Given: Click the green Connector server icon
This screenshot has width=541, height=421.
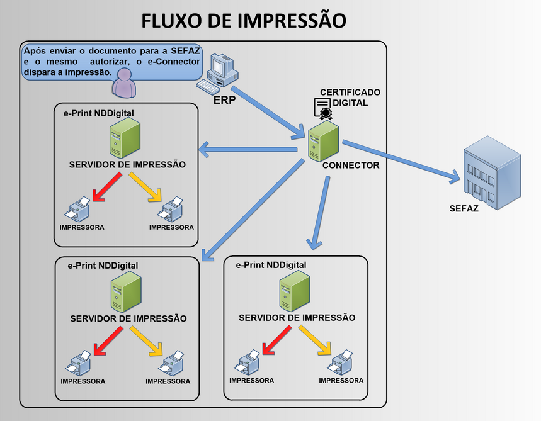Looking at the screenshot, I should [x=323, y=142].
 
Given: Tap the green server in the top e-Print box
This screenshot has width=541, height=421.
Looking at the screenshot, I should [x=125, y=138].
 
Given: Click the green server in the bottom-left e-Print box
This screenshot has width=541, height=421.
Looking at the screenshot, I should [x=125, y=293].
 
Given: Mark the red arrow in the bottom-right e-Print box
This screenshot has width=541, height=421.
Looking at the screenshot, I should [x=276, y=340].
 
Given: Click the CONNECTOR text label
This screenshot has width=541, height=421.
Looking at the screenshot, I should [x=351, y=166].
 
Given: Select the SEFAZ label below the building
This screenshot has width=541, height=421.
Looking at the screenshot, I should [x=464, y=208].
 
